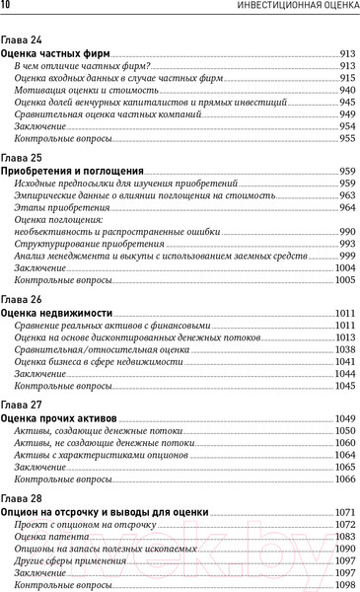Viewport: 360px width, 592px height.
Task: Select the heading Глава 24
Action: (22, 39)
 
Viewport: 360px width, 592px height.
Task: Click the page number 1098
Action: (345, 584)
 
